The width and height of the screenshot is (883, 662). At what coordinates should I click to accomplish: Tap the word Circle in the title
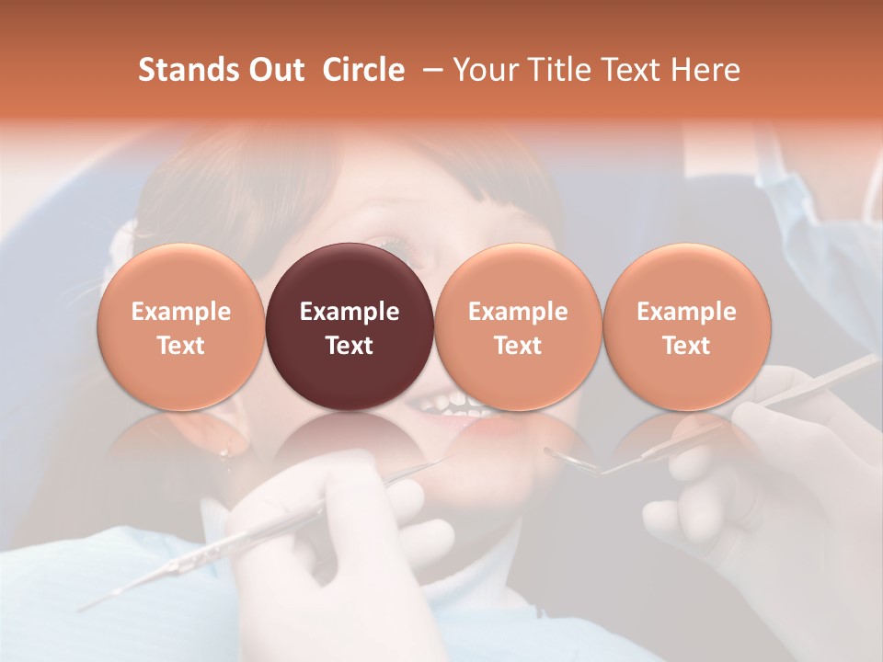(363, 70)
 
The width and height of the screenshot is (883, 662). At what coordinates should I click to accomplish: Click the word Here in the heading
(707, 70)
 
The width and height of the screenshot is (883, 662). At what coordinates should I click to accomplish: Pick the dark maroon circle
(350, 326)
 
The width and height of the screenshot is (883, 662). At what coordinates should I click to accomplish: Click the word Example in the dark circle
(350, 312)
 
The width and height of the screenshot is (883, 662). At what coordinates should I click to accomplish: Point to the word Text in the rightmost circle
(686, 346)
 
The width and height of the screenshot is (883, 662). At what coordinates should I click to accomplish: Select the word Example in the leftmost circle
(180, 312)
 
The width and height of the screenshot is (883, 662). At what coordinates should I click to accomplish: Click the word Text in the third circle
(518, 346)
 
